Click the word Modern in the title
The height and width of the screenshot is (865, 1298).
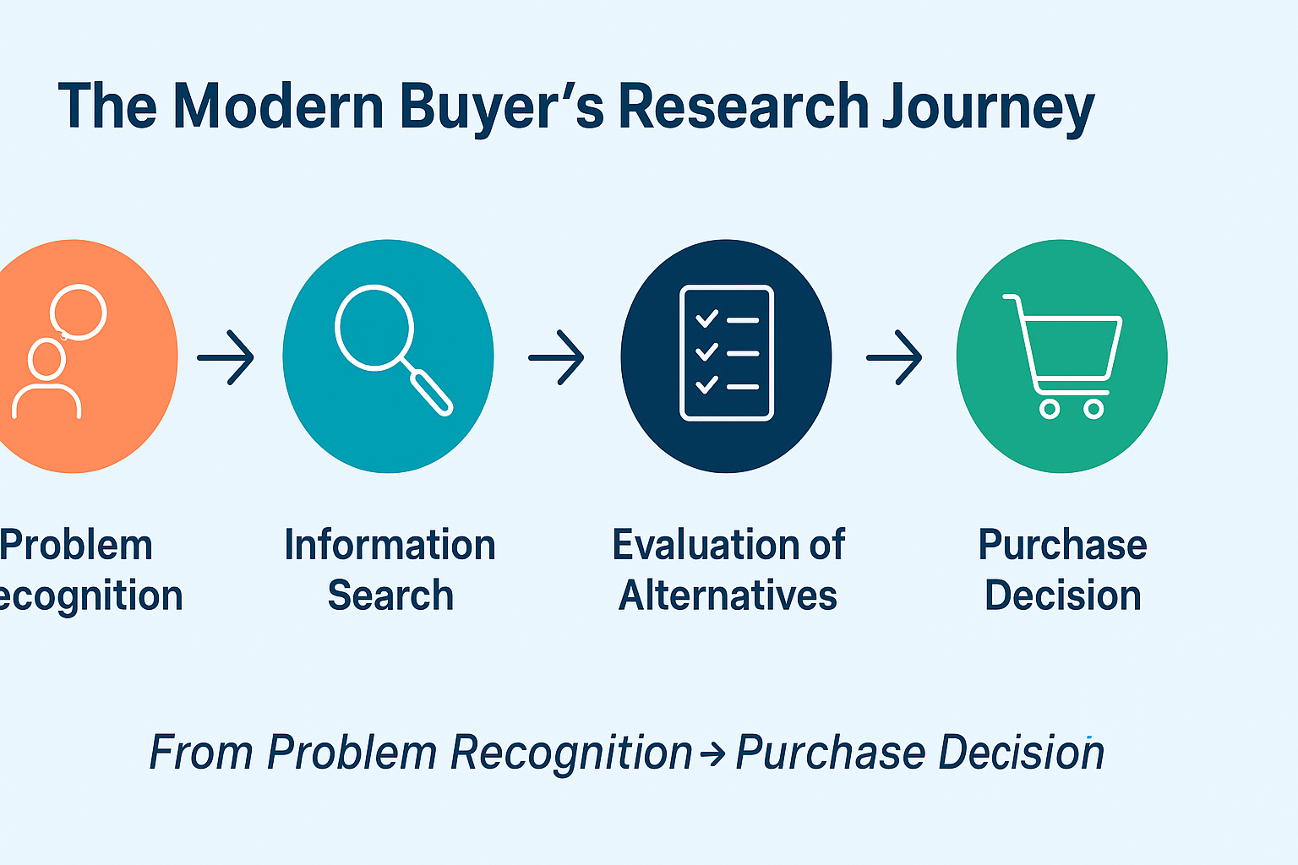tap(279, 107)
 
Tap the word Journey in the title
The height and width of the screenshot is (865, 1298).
tap(989, 107)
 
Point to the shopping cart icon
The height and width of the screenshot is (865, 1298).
tap(1063, 355)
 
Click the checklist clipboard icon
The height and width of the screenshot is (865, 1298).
tap(727, 353)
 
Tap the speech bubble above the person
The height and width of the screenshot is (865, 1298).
tap(79, 312)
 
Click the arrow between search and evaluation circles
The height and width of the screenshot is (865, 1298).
tap(556, 357)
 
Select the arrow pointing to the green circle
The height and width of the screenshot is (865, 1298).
tap(894, 357)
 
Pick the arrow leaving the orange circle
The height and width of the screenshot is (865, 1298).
tap(226, 357)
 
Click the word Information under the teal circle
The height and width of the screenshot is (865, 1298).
tap(390, 545)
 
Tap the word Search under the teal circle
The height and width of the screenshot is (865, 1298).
tap(390, 596)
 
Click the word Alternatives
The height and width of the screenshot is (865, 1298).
tap(728, 596)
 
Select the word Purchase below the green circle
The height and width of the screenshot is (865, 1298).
tap(1062, 545)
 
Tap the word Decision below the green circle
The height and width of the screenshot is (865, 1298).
tap(1063, 596)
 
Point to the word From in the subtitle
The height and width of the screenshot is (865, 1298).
tap(200, 752)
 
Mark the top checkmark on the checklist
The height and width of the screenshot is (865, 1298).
tap(706, 319)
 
